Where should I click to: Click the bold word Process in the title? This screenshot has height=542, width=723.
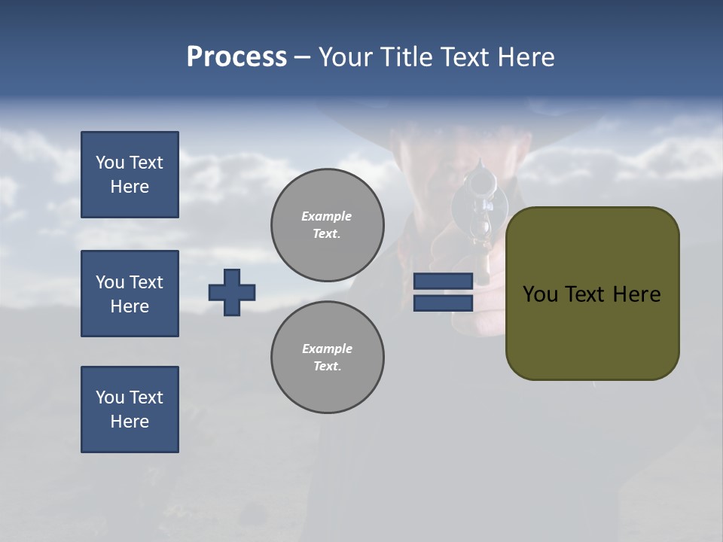pyautogui.click(x=236, y=57)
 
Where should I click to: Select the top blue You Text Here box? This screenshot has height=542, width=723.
pyautogui.click(x=130, y=175)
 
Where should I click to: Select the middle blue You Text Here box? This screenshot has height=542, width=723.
pyautogui.click(x=130, y=294)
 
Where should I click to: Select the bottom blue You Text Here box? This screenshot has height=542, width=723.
pyautogui.click(x=130, y=410)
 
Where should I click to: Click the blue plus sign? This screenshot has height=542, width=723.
pyautogui.click(x=231, y=292)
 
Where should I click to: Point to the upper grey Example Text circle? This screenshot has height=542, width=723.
pyautogui.click(x=327, y=224)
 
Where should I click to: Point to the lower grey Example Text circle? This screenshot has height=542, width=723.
pyautogui.click(x=327, y=357)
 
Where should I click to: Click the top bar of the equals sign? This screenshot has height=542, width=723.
pyautogui.click(x=443, y=281)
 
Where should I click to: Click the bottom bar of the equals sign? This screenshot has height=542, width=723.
pyautogui.click(x=443, y=303)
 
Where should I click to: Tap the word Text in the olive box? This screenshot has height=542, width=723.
pyautogui.click(x=591, y=294)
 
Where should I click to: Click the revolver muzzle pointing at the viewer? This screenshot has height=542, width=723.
pyautogui.click(x=479, y=183)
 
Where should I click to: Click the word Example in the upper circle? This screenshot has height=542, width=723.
pyautogui.click(x=326, y=216)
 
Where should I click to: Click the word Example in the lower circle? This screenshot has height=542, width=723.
pyautogui.click(x=326, y=349)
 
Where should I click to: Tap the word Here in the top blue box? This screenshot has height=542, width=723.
pyautogui.click(x=130, y=187)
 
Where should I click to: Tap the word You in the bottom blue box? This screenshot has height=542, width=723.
pyautogui.click(x=110, y=397)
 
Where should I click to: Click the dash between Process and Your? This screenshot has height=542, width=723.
pyautogui.click(x=302, y=57)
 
